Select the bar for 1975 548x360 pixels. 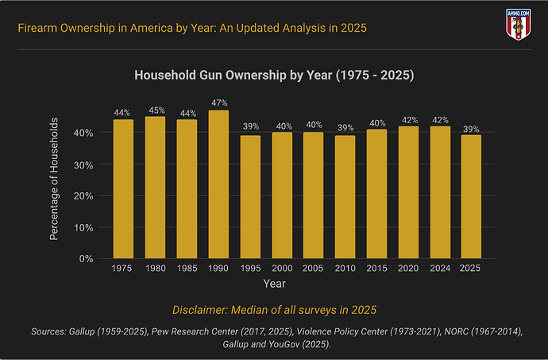pos(123,189)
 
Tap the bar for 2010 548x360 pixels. pos(345,197)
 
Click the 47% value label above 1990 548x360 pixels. pos(218,103)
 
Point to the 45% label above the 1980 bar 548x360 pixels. pos(155,110)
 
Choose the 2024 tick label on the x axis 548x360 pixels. pos(440,269)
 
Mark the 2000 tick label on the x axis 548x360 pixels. pos(282,269)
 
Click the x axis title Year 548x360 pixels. pos(274,283)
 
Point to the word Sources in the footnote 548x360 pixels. pos(54,329)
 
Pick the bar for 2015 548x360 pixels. pos(376,195)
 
